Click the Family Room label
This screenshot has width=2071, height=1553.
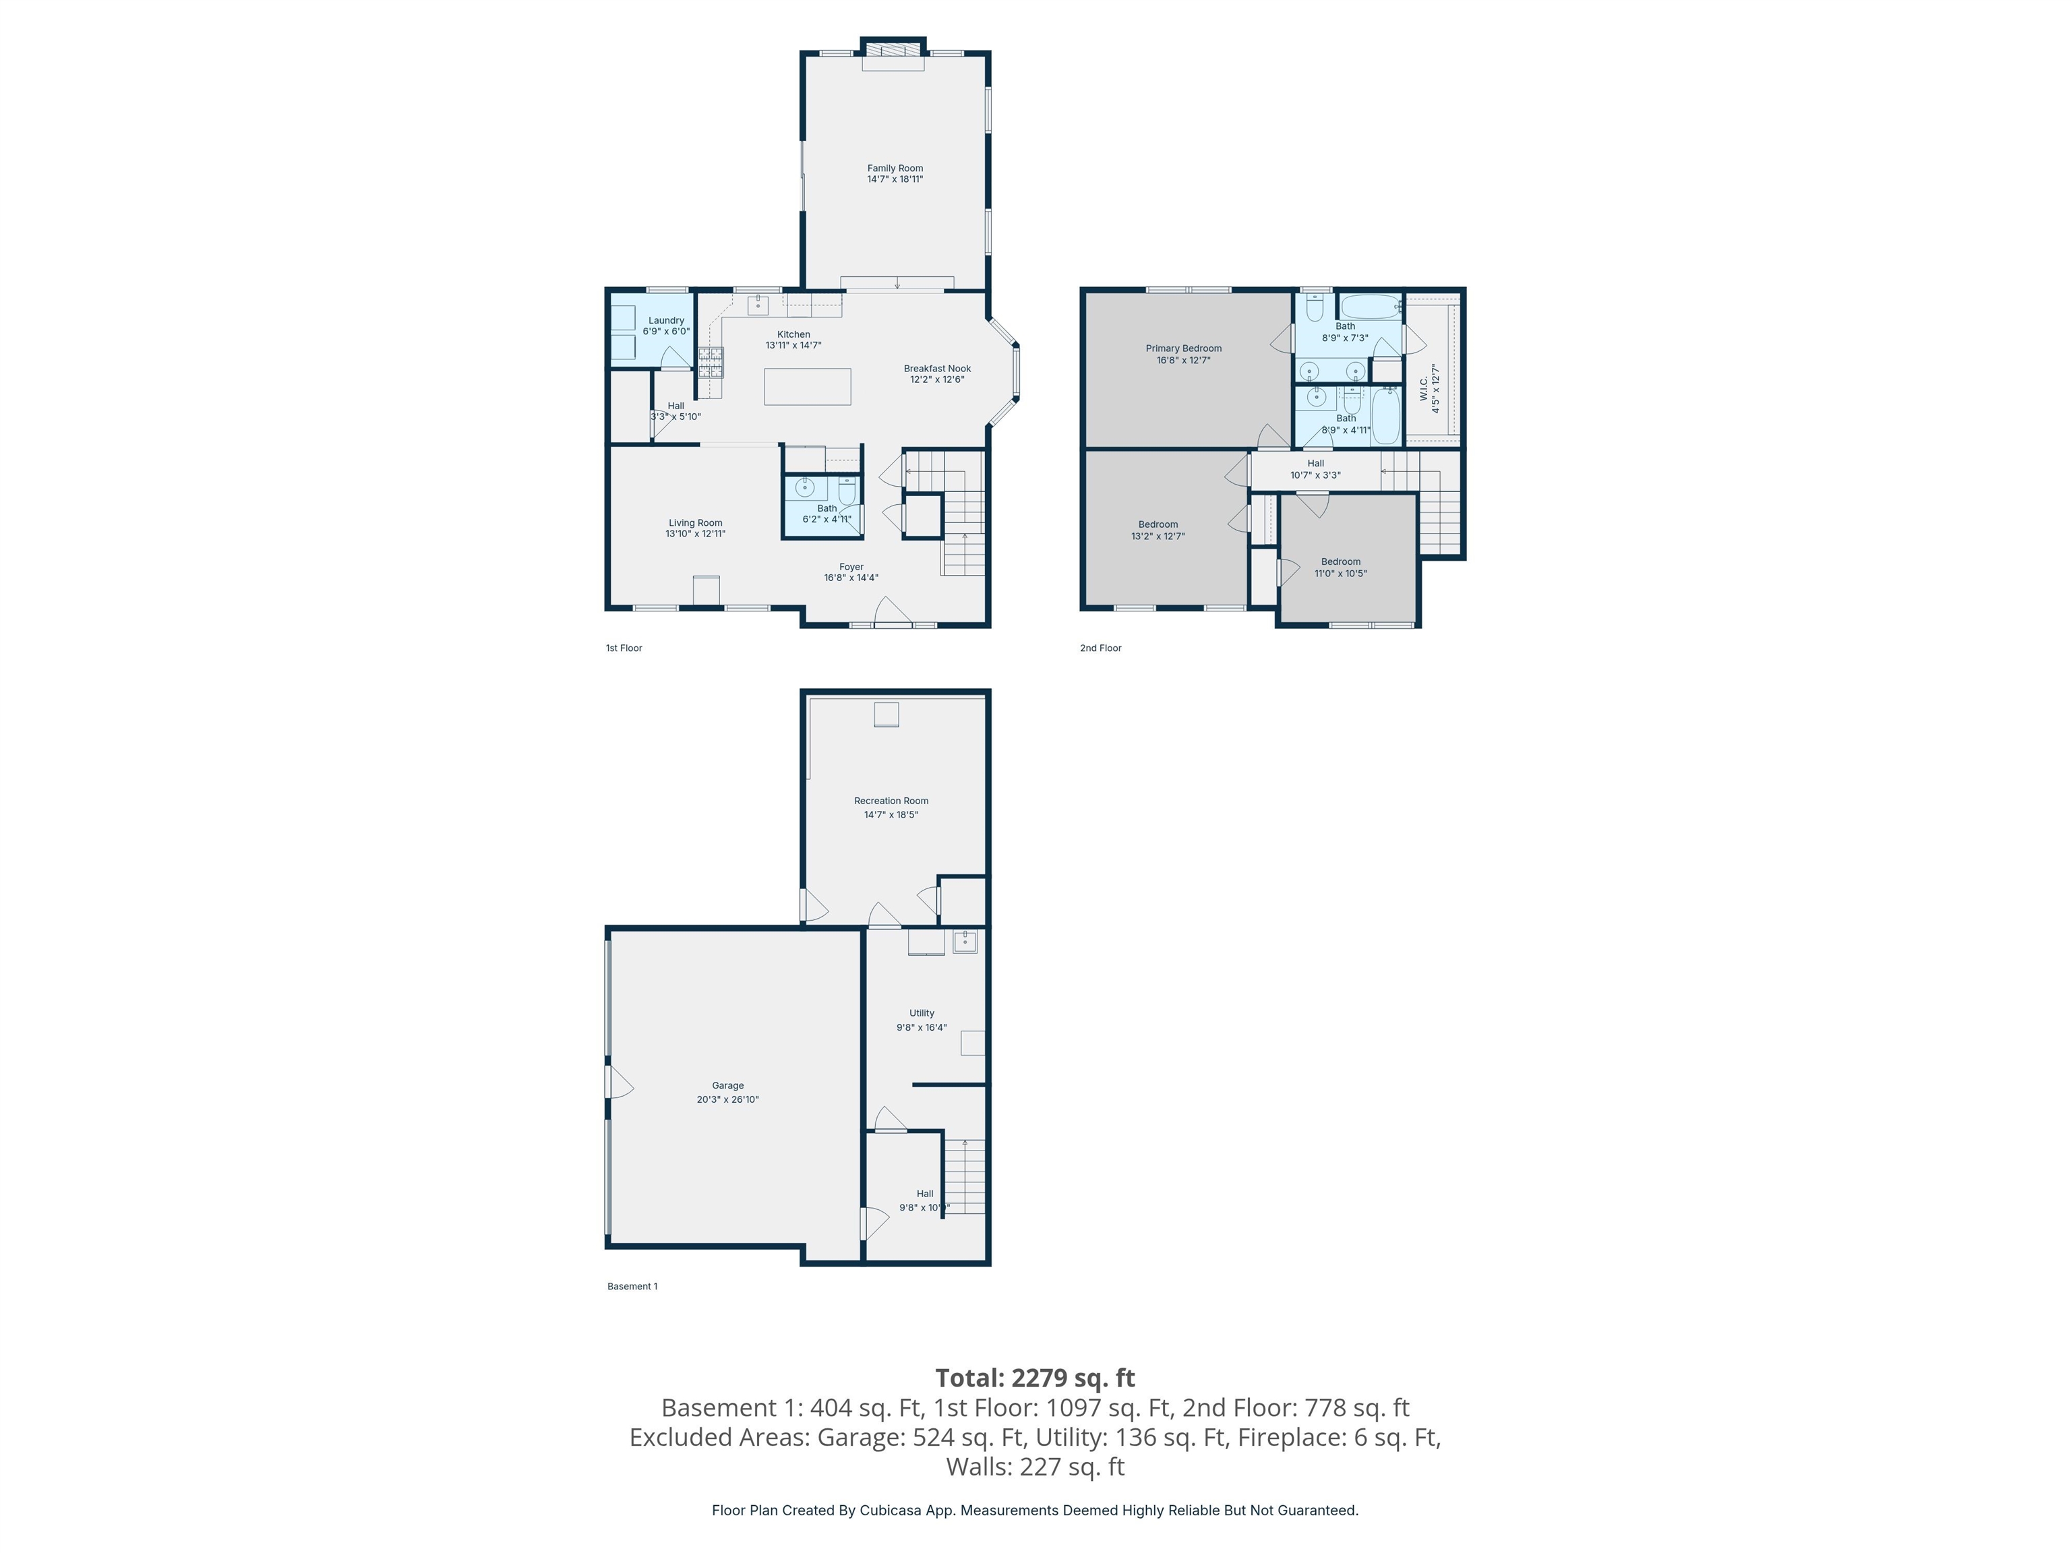coord(894,169)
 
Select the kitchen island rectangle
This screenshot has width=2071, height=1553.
coord(807,387)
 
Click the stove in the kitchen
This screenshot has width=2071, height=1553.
coord(711,361)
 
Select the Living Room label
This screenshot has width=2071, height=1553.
coord(694,523)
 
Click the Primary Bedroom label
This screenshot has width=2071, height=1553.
coord(1182,348)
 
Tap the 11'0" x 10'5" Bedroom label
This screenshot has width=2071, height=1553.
coord(1340,561)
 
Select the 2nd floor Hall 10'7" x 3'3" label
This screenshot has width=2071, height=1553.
coord(1315,463)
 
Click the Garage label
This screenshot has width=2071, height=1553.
coord(727,1086)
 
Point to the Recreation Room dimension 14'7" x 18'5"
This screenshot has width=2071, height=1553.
coord(891,814)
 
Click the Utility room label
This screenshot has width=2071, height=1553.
coord(922,1013)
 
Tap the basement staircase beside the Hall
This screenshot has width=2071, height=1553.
coord(965,1177)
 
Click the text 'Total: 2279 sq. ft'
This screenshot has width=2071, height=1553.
coord(1035,1378)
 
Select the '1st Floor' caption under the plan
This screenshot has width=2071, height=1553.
coord(624,648)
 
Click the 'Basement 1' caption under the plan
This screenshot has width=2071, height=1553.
coord(632,1286)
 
